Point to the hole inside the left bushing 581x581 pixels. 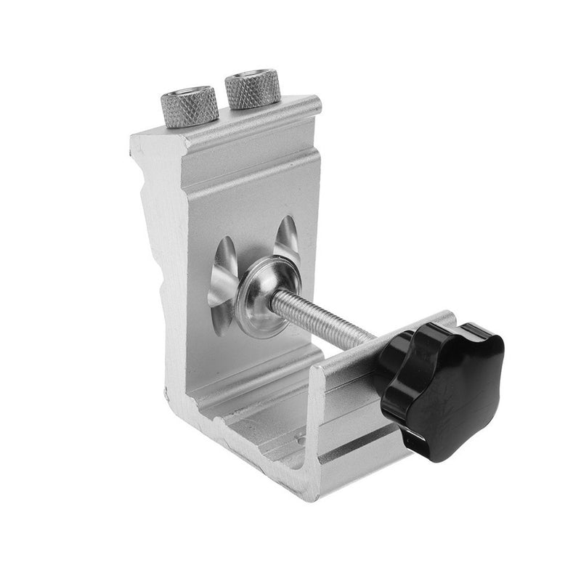(188, 94)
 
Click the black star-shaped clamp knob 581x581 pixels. (443, 385)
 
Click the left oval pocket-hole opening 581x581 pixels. (222, 280)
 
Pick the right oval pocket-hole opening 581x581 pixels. (287, 240)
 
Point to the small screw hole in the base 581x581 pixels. (302, 437)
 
